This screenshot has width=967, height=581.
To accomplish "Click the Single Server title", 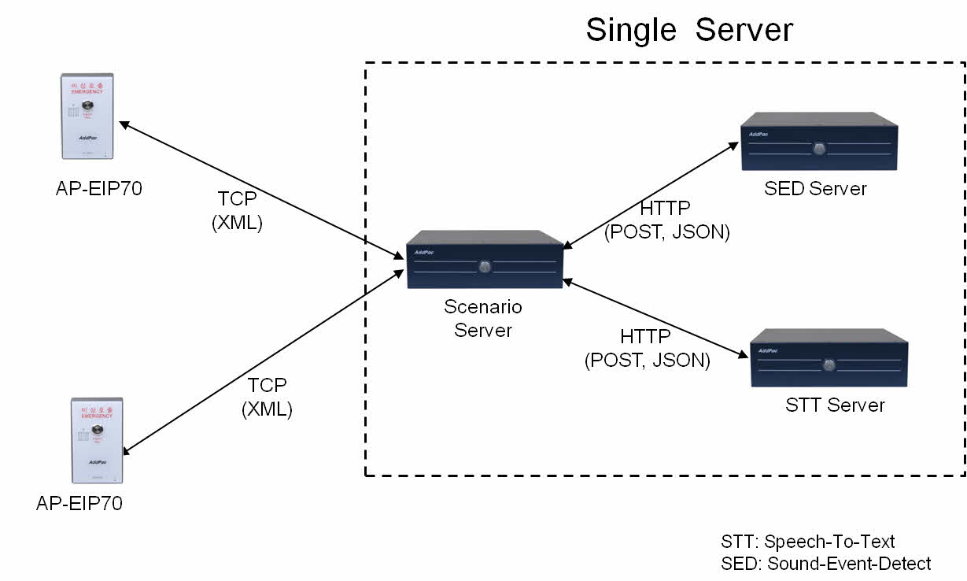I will pyautogui.click(x=689, y=30).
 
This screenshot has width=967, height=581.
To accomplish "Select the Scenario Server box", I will pyautogui.click(x=485, y=260).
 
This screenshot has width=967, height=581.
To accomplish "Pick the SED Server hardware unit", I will pyautogui.click(x=819, y=142).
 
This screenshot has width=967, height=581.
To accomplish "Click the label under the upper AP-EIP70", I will pyautogui.click(x=99, y=189).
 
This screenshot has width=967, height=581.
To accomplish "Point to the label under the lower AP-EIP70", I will pyautogui.click(x=79, y=503).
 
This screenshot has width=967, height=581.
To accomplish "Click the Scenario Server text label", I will pyautogui.click(x=483, y=318).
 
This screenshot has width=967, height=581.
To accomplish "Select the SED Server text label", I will pyautogui.click(x=815, y=189).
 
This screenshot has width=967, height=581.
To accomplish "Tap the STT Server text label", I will pyautogui.click(x=835, y=405).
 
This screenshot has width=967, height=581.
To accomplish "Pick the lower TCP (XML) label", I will pyautogui.click(x=268, y=398).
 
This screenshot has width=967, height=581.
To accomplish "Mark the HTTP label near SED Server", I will pyautogui.click(x=666, y=220).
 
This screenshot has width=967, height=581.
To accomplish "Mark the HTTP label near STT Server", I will pyautogui.click(x=647, y=349).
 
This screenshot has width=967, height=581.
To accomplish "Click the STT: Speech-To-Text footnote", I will pyautogui.click(x=808, y=542).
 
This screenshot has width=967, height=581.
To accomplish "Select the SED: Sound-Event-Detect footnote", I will pyautogui.click(x=825, y=564).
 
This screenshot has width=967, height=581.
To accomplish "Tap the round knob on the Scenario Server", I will pyautogui.click(x=485, y=266).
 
